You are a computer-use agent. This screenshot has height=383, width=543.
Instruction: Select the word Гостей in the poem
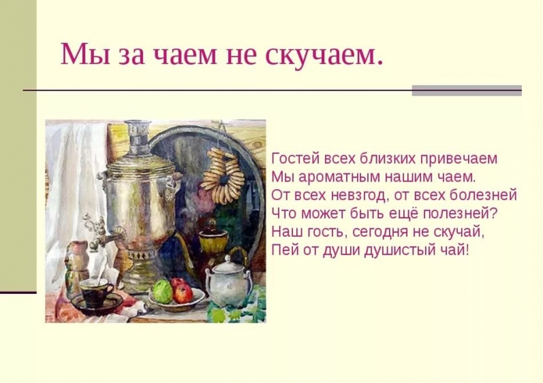tap(296, 159)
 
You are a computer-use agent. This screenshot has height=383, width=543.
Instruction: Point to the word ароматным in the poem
tap(340, 178)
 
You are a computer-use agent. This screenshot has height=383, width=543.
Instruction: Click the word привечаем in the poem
tap(459, 159)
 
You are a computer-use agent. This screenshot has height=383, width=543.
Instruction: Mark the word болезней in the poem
tap(483, 196)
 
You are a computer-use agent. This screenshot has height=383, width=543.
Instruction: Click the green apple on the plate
tap(163, 291)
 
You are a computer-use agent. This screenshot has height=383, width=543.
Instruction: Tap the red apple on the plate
tap(183, 293)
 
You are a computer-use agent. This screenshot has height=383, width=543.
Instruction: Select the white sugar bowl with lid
tap(228, 282)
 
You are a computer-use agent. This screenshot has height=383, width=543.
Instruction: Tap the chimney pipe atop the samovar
tap(138, 137)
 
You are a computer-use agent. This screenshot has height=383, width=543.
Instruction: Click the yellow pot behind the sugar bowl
tap(213, 239)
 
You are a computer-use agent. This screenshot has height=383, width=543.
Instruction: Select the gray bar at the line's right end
tap(467, 90)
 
